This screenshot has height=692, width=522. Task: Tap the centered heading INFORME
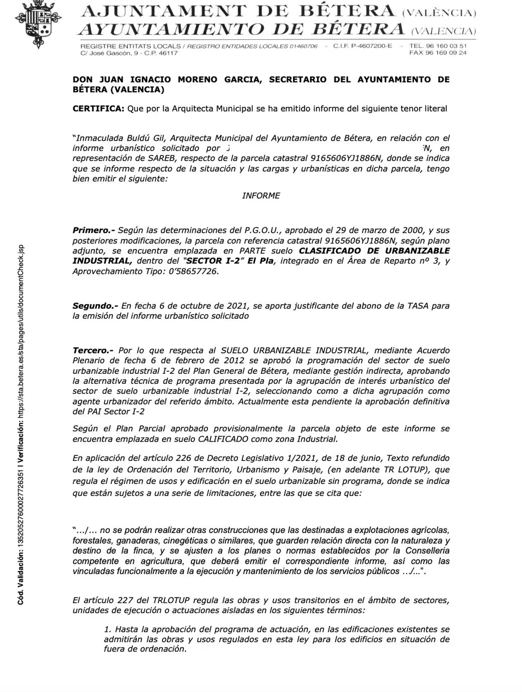click(x=261, y=196)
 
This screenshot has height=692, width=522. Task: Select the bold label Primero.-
click(x=93, y=230)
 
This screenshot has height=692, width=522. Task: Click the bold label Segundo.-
click(x=95, y=306)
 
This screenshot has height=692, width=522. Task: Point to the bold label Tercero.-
click(x=93, y=351)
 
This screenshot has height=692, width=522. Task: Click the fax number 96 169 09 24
click(x=445, y=53)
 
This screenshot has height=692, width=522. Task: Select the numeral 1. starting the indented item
click(x=108, y=629)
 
